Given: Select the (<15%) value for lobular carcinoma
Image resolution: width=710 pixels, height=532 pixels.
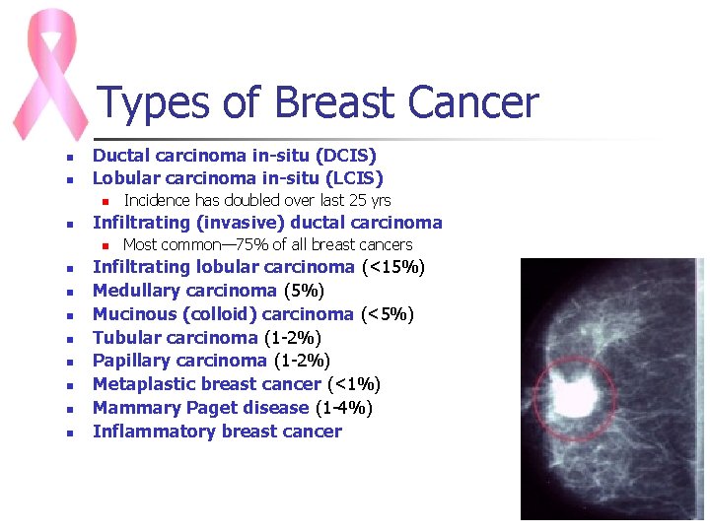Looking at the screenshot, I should (x=393, y=267).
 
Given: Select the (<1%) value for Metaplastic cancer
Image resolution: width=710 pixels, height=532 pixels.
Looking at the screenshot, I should (x=353, y=384).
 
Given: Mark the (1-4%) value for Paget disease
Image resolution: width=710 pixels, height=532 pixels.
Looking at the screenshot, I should (x=343, y=408).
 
